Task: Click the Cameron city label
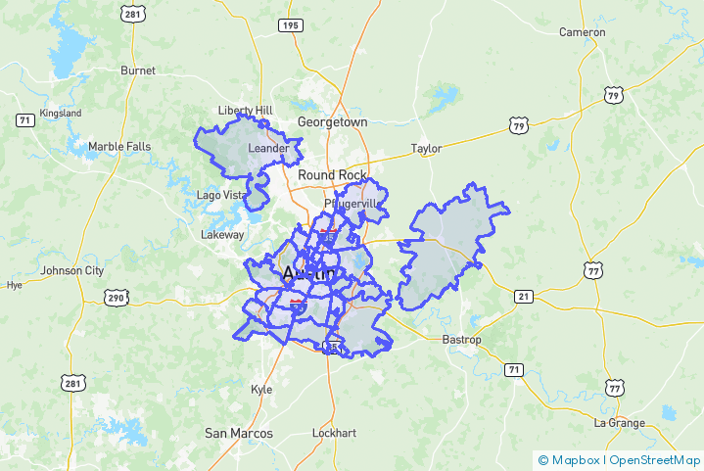coord(582,32)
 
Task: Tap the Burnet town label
coord(137,71)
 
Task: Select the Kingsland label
coord(60,114)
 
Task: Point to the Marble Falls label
coord(119,147)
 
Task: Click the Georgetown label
coord(333,122)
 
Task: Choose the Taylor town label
coord(426,149)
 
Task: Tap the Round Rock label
coord(332,175)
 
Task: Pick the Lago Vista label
coord(221,195)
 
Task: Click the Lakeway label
coord(222,235)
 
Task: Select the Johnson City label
coord(71,271)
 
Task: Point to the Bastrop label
coord(462,340)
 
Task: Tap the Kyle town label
coord(261,389)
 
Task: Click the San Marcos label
coord(238,433)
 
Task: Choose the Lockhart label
coord(333,433)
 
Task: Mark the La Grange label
coord(620,423)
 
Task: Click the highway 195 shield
coord(289,25)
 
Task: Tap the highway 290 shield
coord(117,298)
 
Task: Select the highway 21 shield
coord(523,297)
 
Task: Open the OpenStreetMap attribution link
coord(655,459)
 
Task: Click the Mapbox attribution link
coord(574,459)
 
